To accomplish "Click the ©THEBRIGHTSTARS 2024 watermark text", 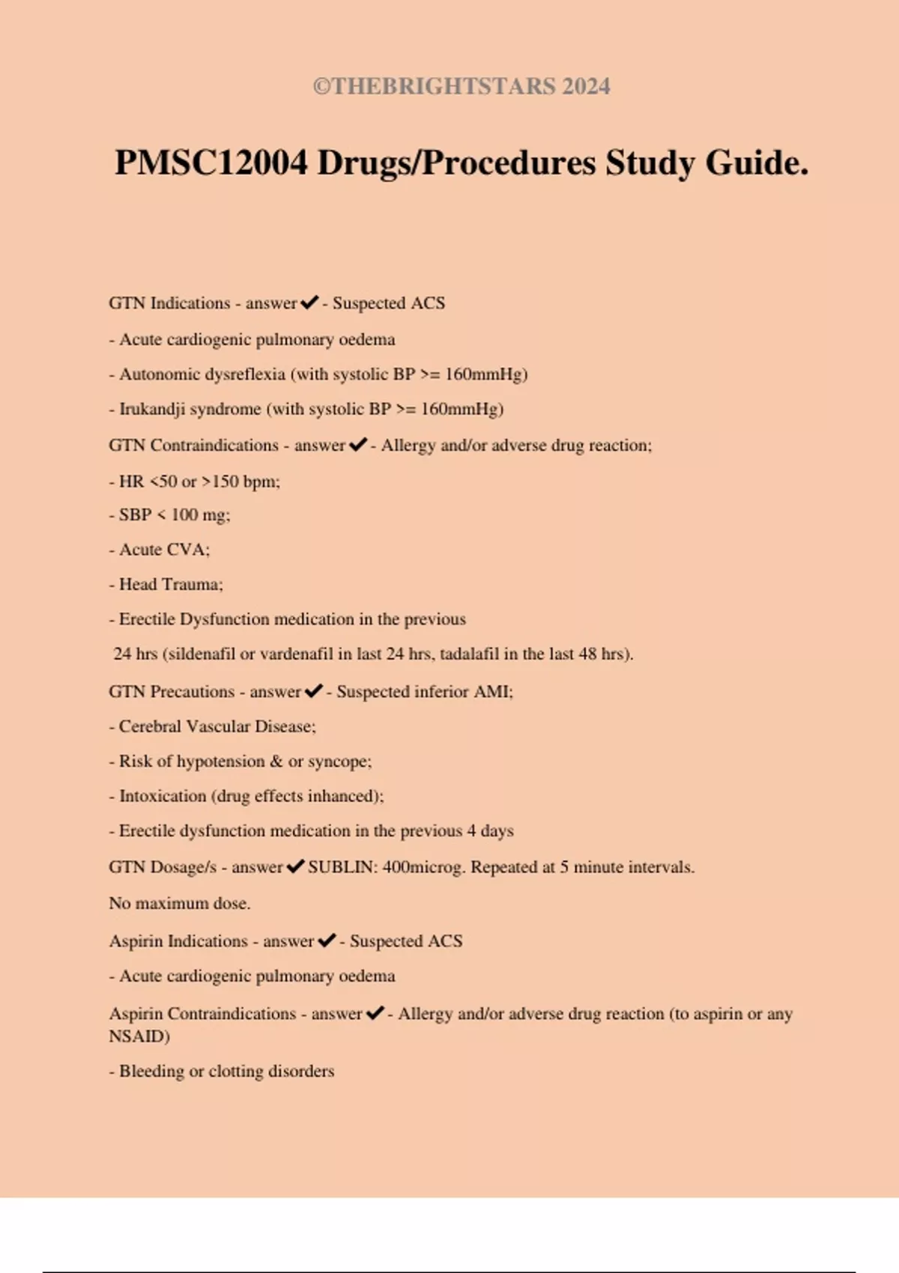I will coord(461,86).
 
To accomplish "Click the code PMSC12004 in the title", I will coord(211,162).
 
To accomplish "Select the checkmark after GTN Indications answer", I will coord(309,303).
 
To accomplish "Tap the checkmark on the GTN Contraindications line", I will coord(358,446).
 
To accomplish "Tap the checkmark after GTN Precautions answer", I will coord(314,691).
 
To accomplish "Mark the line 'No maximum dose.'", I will coord(180,903).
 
